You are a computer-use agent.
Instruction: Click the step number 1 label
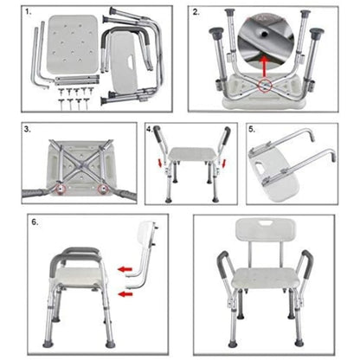pos(29,13)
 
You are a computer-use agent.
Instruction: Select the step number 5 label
pos(252,130)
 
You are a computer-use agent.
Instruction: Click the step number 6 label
pos(35,222)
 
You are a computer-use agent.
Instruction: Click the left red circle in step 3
pos(61,188)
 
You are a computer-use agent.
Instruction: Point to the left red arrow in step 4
pos(158,166)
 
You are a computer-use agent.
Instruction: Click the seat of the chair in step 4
pos(191,155)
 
